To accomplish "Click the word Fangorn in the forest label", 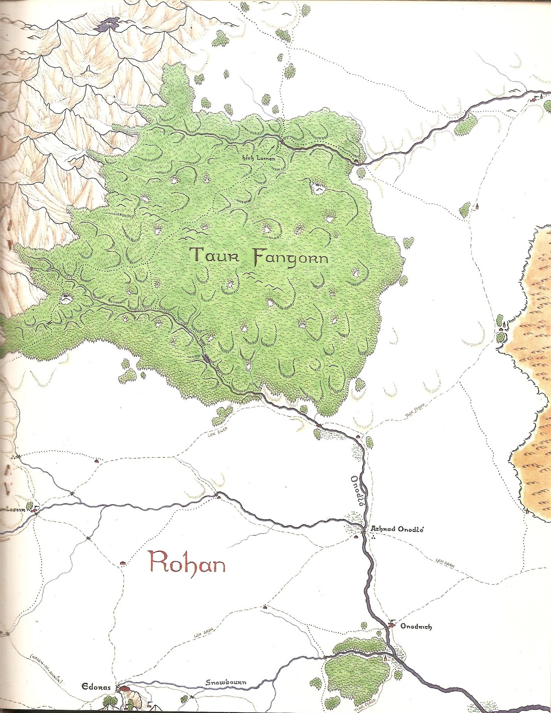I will coord(290,258).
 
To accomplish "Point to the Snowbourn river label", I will coord(226,683).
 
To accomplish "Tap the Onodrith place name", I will coord(416,627).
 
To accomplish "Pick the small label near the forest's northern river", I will coord(260,159).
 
